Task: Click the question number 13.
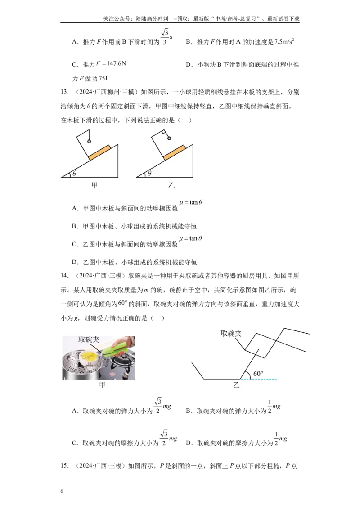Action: (x=64, y=92)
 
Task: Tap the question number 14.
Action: (x=64, y=276)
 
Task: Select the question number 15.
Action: (x=64, y=465)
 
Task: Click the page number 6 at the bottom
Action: (x=62, y=491)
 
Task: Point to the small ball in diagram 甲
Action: (x=89, y=142)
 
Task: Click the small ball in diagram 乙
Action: (x=169, y=138)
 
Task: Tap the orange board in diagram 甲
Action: (x=99, y=152)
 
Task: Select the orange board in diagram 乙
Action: (x=175, y=152)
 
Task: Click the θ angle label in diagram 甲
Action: (x=74, y=174)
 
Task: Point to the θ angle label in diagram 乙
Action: (x=149, y=174)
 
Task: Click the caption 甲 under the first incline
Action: (x=94, y=185)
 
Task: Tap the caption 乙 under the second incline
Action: (x=171, y=186)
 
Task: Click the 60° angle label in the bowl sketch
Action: (x=258, y=374)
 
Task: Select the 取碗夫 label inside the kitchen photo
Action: (x=89, y=339)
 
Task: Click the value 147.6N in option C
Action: (x=116, y=63)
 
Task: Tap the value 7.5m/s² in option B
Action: (x=284, y=41)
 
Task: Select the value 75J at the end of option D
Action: (x=103, y=79)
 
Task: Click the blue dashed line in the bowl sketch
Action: (x=259, y=379)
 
